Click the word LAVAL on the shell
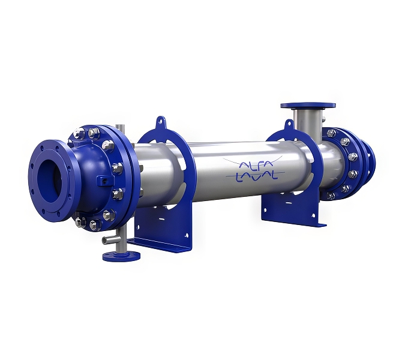coord(257,176)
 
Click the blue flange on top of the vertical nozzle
coord(308,106)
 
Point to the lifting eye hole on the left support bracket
coord(160,120)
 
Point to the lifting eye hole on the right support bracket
coord(290,124)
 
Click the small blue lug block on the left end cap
coord(104,180)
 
